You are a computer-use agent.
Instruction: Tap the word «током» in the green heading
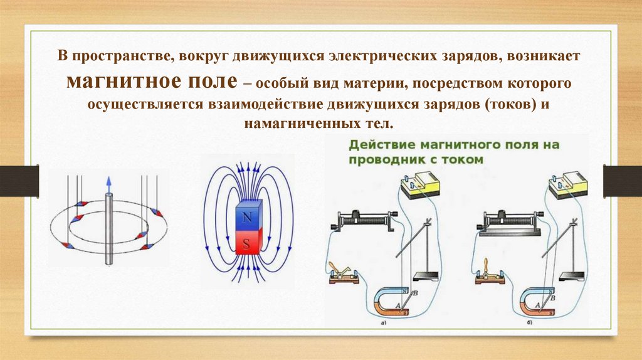click(x=461, y=159)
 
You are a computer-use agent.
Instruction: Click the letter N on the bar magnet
click(x=246, y=216)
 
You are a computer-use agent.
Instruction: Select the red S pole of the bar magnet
click(x=246, y=244)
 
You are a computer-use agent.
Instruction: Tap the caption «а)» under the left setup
click(x=382, y=324)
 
